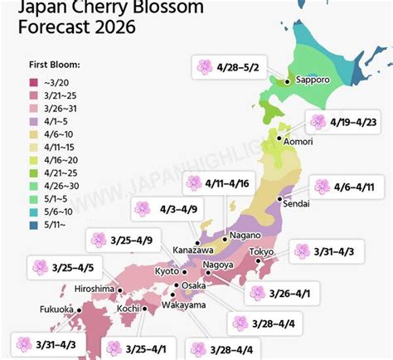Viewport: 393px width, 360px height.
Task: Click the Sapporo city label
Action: tap(312, 81)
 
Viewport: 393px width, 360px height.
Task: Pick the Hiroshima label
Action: tap(94, 288)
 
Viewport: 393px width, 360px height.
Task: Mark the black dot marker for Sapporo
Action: tap(287, 81)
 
